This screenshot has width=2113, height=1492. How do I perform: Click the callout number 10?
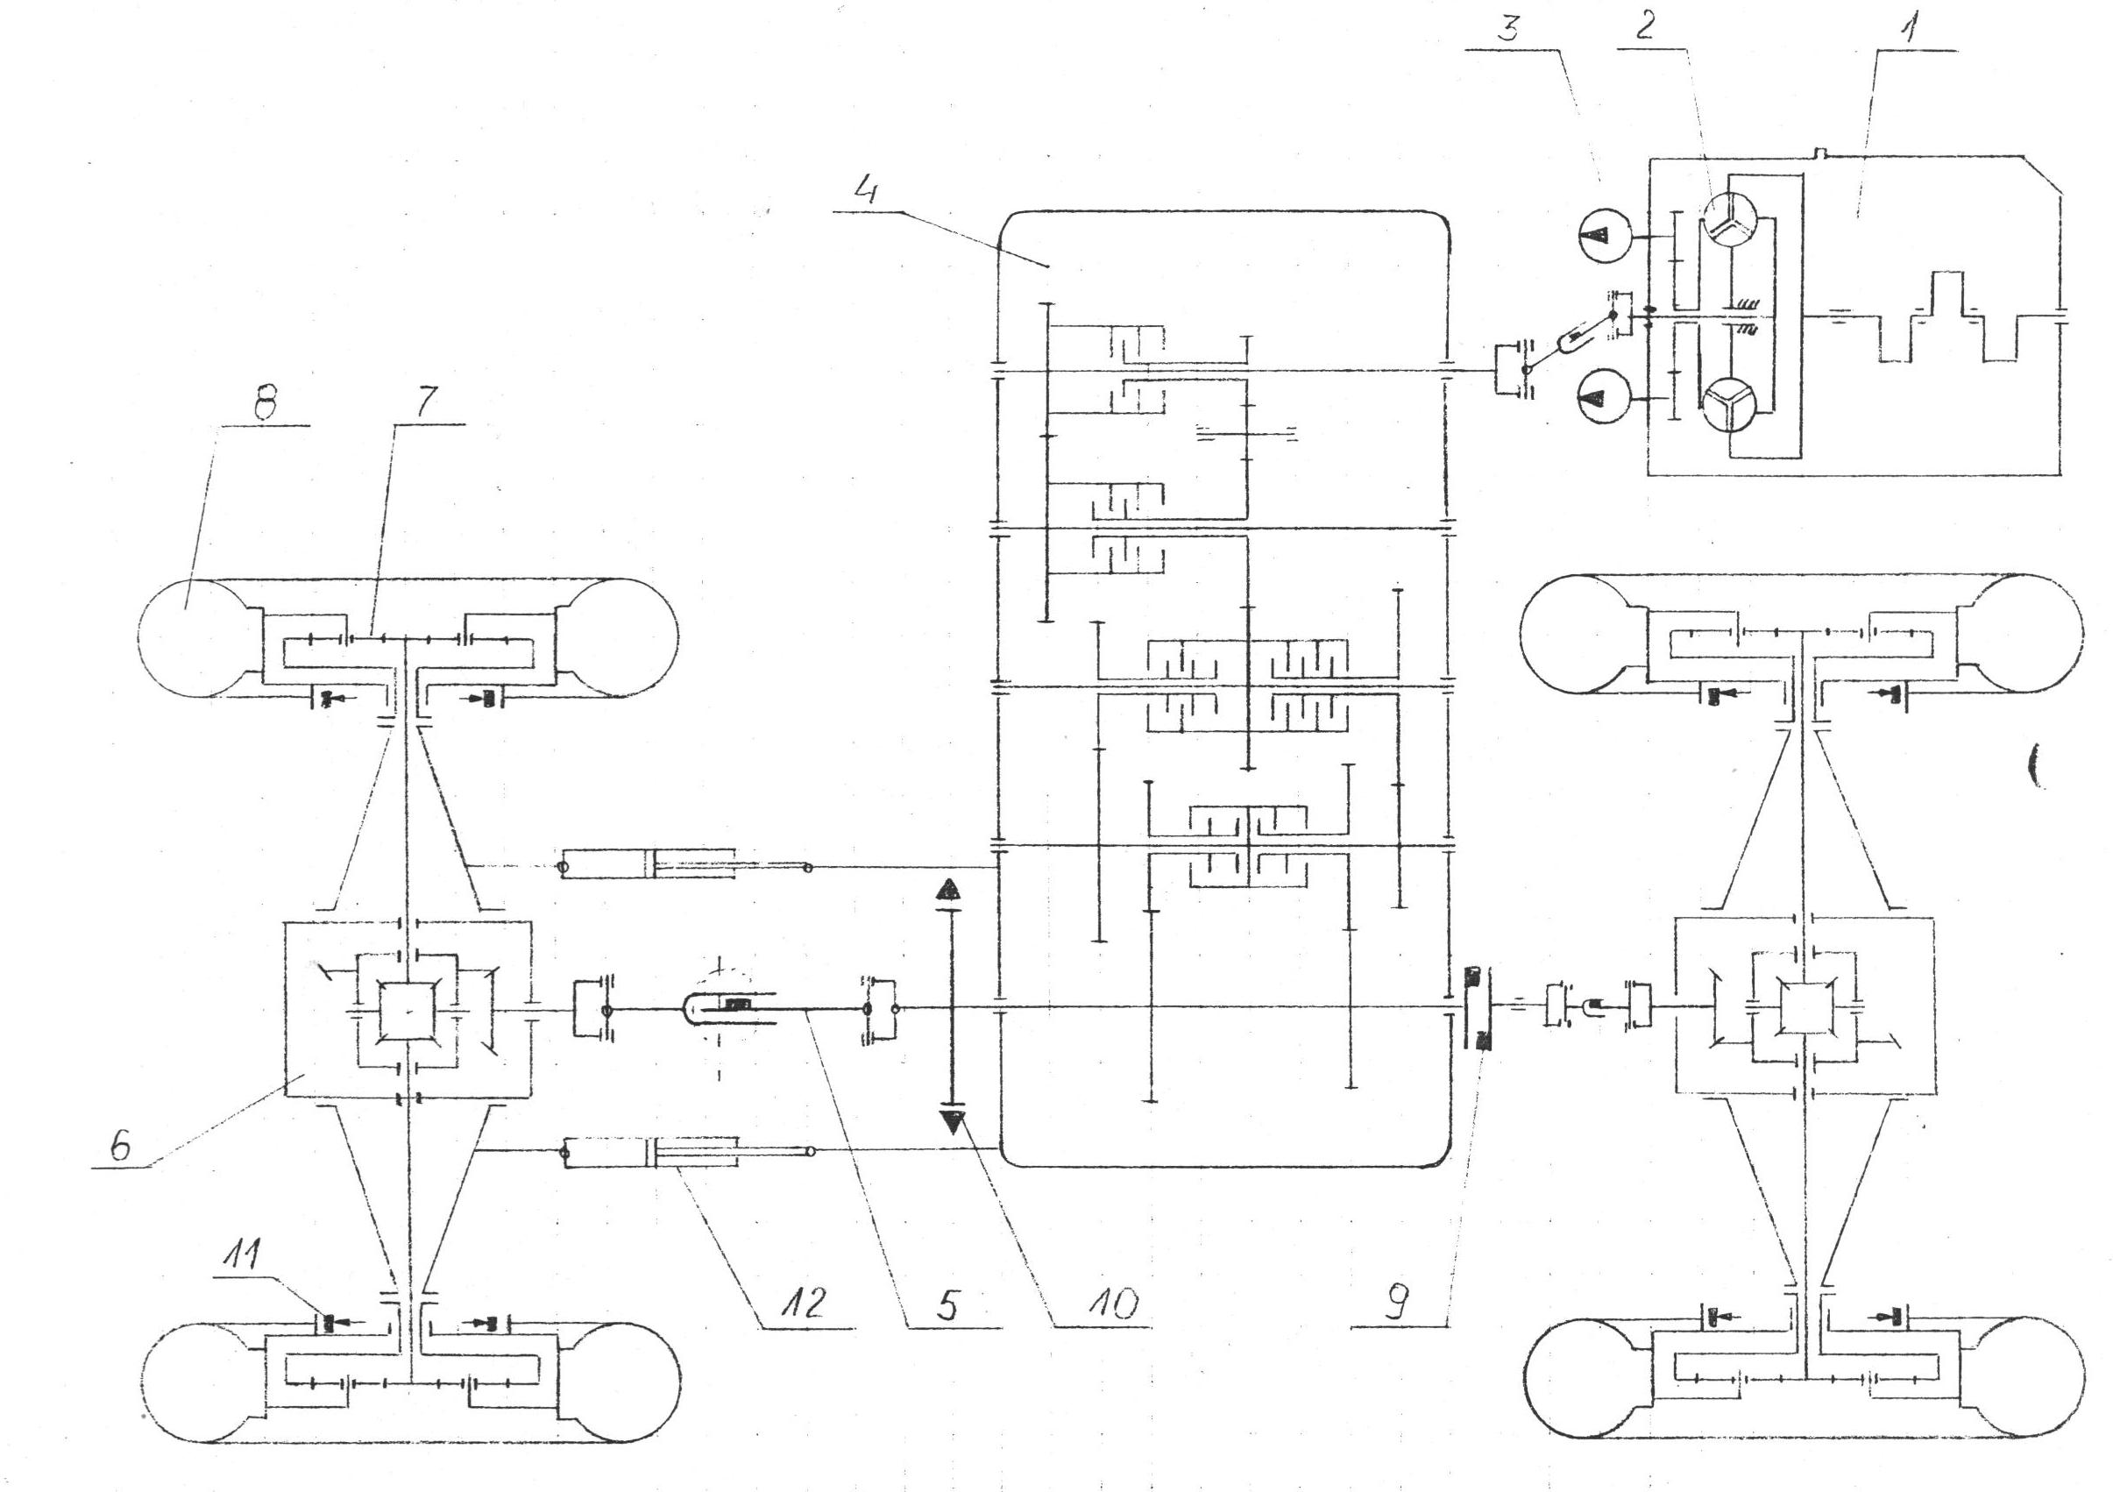(1101, 1305)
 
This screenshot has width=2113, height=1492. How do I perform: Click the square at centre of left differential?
(407, 1012)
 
